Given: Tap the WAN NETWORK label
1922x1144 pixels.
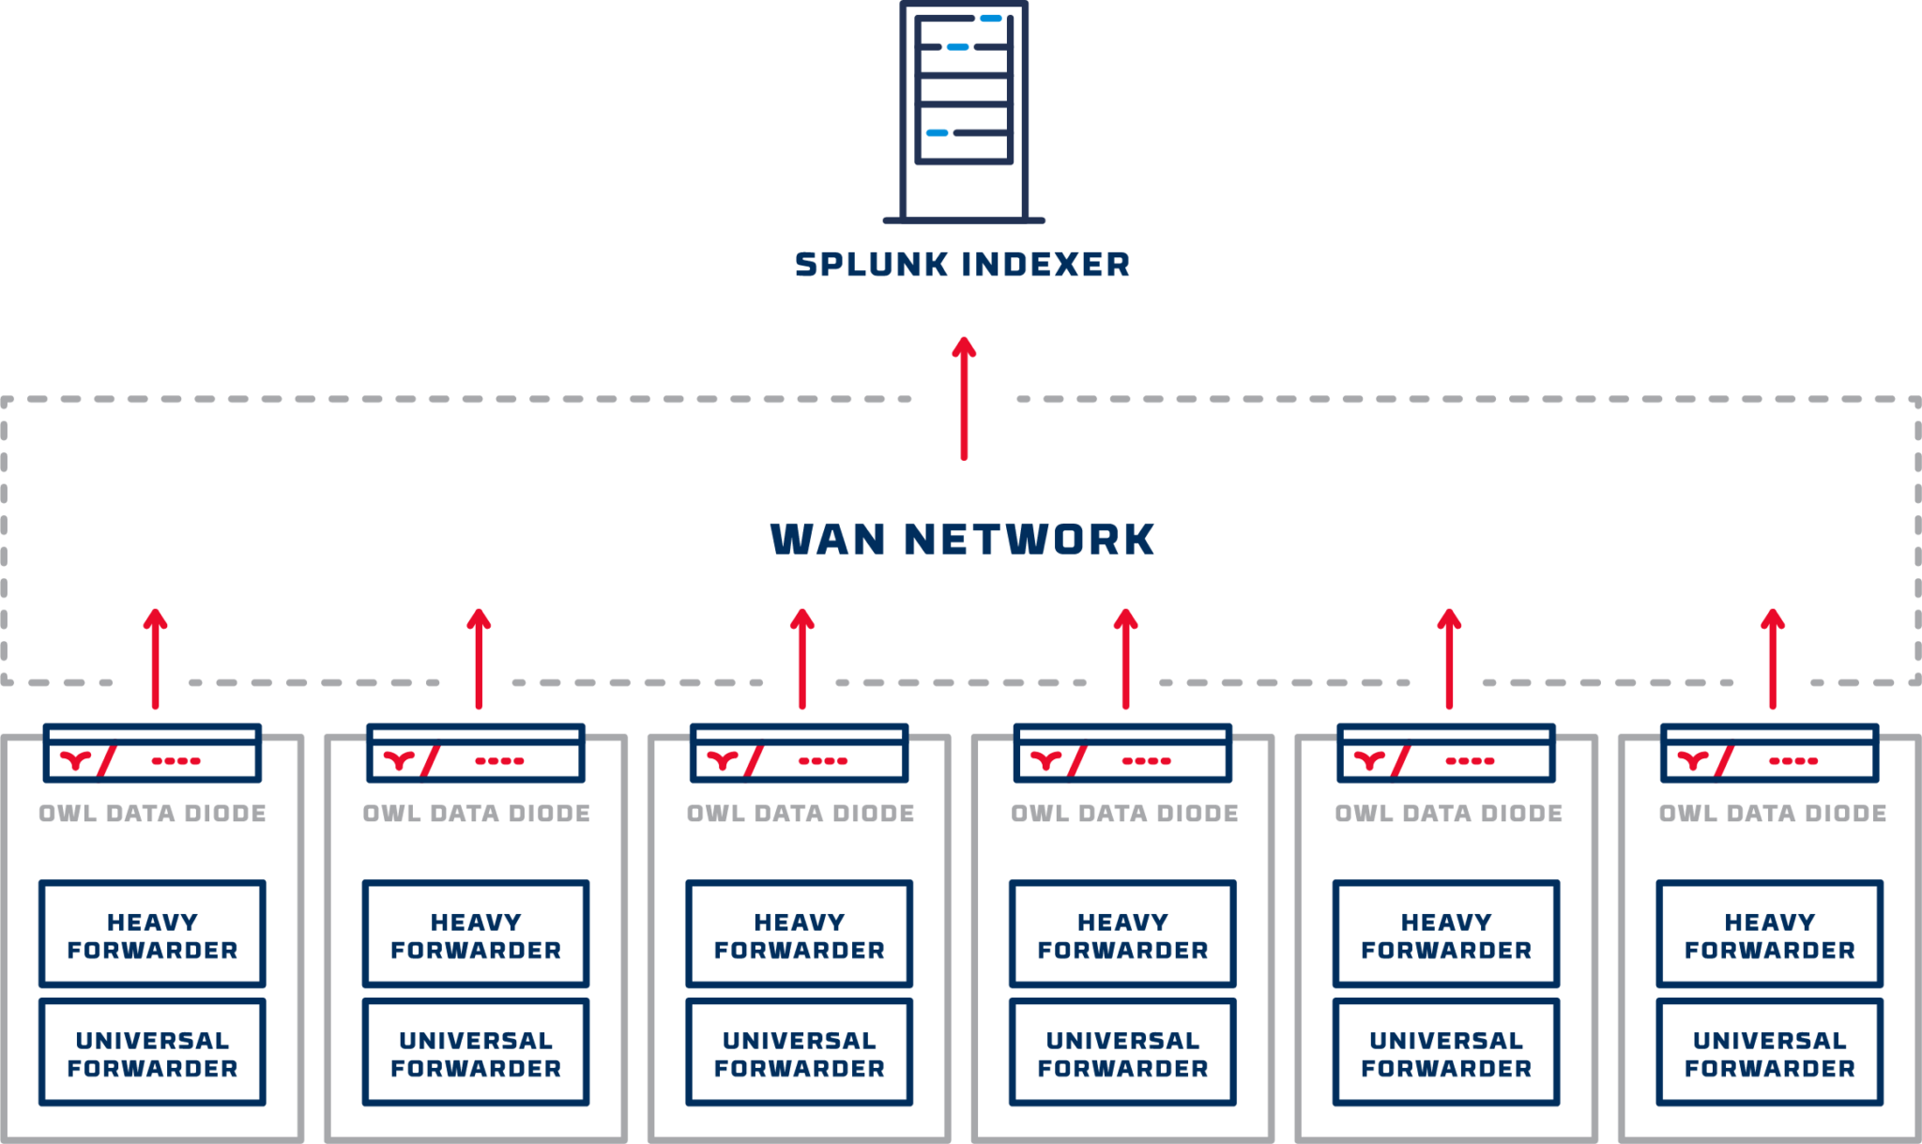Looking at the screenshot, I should (x=962, y=540).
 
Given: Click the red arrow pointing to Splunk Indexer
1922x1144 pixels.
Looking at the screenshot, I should (x=964, y=399).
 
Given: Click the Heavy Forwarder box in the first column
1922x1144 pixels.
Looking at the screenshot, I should (x=152, y=934).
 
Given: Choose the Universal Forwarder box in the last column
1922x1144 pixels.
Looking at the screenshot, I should (x=1769, y=1052).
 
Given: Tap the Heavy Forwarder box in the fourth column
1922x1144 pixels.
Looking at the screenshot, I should (x=1122, y=934).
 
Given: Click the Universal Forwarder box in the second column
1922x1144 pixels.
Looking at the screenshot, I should (x=476, y=1052).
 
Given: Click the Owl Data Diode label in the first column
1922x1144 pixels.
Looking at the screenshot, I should (x=152, y=814).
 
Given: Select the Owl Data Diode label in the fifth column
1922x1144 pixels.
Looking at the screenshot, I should (x=1448, y=814).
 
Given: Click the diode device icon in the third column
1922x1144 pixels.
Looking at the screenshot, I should (x=799, y=754).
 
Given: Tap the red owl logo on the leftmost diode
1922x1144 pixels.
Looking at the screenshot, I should (x=76, y=760).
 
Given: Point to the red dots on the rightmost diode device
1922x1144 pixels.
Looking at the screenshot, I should (x=1792, y=761).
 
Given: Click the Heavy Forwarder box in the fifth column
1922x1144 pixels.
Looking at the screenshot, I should (x=1446, y=934).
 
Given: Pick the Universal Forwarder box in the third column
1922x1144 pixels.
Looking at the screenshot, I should (x=799, y=1052).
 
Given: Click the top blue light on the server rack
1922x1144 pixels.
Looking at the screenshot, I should (x=990, y=19).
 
